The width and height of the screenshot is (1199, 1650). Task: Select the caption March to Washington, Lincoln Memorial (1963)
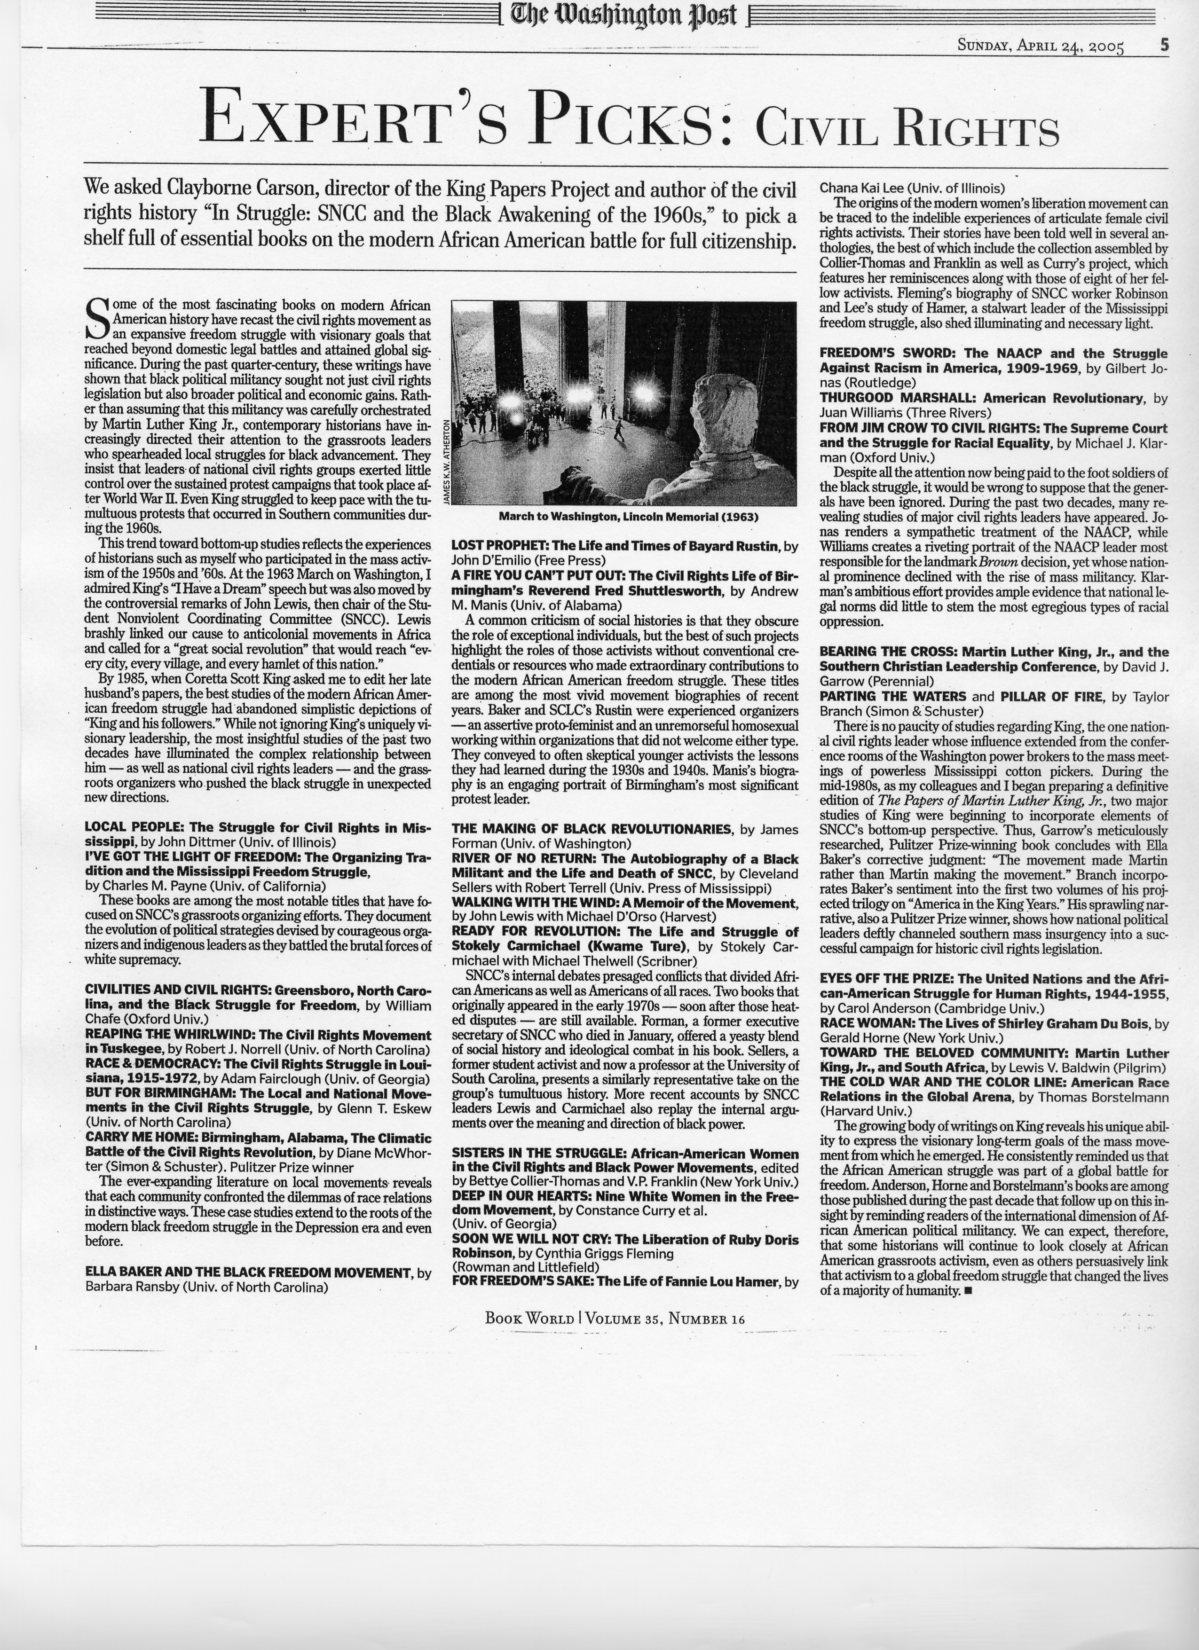[628, 517]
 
